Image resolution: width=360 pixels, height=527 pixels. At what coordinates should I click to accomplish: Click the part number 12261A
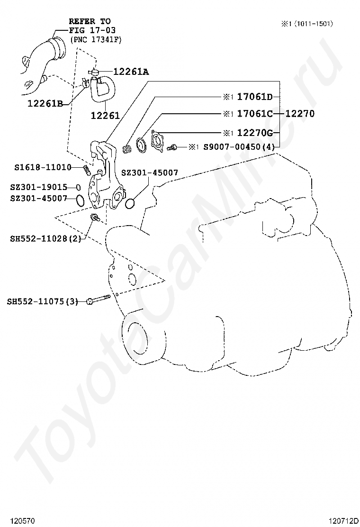tap(131, 72)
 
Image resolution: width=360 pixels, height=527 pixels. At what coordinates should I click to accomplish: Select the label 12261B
tap(45, 103)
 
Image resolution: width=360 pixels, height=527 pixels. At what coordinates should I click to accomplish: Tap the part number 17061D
tap(255, 97)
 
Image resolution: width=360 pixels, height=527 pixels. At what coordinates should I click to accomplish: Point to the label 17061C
tap(255, 114)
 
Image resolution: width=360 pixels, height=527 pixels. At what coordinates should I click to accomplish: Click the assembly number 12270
tap(300, 114)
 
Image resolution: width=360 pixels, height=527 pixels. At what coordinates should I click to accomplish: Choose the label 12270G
tap(255, 133)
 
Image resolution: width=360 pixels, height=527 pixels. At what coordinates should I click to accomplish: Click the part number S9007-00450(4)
tap(239, 147)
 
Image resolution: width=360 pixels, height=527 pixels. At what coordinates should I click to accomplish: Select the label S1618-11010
tap(43, 167)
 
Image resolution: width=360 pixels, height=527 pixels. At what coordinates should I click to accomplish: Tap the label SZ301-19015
tap(39, 187)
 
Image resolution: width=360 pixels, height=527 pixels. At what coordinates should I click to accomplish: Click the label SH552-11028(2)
tap(45, 239)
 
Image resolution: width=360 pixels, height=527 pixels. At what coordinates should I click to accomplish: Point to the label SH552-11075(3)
tap(42, 301)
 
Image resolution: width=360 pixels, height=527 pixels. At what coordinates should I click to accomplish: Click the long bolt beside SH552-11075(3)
tap(99, 299)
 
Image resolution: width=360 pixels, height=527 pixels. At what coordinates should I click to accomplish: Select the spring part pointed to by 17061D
tap(127, 148)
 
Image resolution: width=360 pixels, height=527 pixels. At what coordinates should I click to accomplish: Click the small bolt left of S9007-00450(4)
tap(172, 147)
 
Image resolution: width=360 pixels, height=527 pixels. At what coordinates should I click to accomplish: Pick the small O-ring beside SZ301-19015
tap(78, 187)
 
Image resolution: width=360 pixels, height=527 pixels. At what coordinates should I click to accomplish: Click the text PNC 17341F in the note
tap(96, 40)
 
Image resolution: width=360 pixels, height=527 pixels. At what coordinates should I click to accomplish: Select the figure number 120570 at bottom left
tap(22, 521)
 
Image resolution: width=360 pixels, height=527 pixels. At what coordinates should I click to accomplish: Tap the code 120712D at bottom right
tap(343, 521)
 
